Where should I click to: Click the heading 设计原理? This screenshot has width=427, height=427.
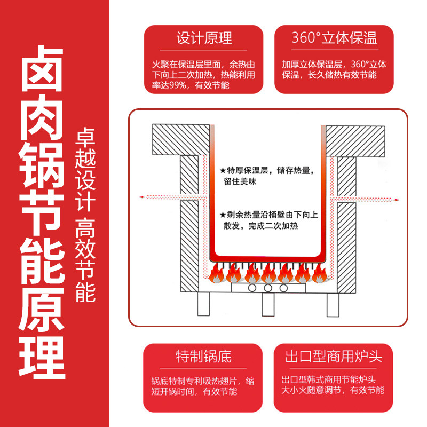coord(204,38)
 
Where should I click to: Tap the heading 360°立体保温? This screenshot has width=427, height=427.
coord(334,38)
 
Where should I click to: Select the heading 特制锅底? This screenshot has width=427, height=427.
coord(204,356)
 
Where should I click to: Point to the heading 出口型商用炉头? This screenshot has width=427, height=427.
coord(334,356)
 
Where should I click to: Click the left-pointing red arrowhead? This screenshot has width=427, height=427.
coord(142,198)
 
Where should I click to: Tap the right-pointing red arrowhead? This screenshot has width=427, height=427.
coord(397,198)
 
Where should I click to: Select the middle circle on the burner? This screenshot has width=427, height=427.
coord(268,288)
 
